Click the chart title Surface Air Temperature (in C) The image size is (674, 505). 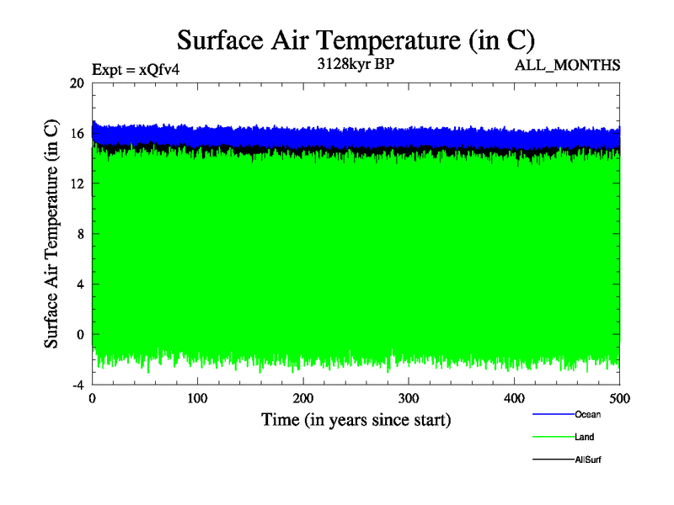356,40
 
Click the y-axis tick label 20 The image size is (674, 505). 77,83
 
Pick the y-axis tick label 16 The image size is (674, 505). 77,133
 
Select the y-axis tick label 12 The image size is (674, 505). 77,183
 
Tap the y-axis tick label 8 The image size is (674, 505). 80,234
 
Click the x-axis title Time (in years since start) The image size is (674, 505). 356,419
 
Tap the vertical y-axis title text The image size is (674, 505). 51,234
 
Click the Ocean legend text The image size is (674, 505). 587,414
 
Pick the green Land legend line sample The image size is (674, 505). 553,437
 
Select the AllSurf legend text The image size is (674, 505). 588,460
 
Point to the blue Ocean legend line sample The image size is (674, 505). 553,414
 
